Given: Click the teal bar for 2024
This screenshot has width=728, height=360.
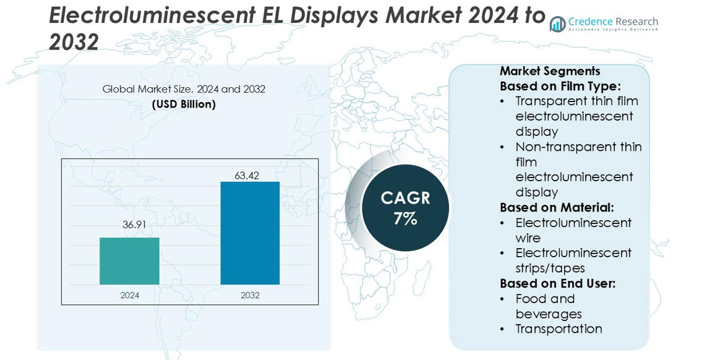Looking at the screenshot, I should click(129, 261).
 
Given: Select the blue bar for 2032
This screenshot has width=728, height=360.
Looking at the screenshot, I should click(250, 233).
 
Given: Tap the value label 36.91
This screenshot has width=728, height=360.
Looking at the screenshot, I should click(134, 225).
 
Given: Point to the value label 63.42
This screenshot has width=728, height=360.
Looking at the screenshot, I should click(246, 175).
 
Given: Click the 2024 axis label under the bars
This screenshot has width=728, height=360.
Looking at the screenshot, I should click(130, 296).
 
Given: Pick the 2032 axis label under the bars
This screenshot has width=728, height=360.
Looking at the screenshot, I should click(250, 296).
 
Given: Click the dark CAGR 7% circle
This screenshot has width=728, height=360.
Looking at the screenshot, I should click(405, 208).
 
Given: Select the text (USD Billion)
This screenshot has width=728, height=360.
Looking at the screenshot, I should click(184, 105).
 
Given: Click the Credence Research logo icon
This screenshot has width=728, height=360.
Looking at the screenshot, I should click(558, 24).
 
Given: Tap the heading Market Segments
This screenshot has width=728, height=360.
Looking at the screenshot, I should click(550, 71).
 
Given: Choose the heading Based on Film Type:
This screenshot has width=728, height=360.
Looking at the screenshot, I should click(560, 86).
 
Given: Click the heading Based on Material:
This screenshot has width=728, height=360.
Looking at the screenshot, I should click(557, 208).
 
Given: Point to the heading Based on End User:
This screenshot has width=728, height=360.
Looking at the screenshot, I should click(558, 283).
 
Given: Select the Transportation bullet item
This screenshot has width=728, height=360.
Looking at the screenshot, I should click(559, 328).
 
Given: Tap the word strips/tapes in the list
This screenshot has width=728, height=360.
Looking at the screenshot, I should click(550, 268).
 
